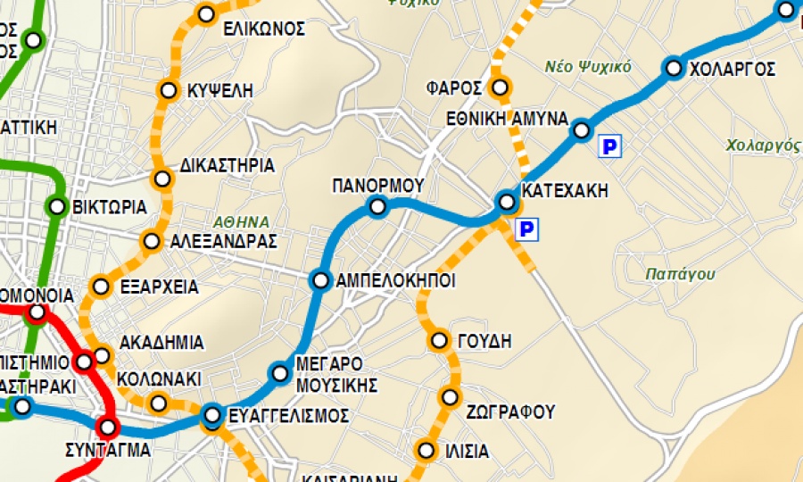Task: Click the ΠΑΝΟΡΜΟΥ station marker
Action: (x=377, y=208)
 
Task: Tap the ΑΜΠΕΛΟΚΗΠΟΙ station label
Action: (x=395, y=280)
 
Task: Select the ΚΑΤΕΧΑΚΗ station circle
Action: (x=507, y=202)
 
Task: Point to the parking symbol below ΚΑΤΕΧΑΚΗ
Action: (x=527, y=230)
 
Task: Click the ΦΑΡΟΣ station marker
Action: (x=500, y=87)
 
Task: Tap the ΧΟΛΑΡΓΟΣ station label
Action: (x=733, y=69)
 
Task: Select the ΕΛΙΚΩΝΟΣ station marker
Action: (x=206, y=14)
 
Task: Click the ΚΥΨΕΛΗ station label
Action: (x=220, y=90)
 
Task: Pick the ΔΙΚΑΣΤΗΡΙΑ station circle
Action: (x=161, y=179)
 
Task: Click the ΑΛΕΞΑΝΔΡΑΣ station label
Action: (x=224, y=241)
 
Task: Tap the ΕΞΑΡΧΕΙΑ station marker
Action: (x=102, y=287)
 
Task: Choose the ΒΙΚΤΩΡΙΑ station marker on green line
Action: (x=57, y=207)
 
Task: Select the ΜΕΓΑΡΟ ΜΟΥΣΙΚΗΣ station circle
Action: (x=280, y=373)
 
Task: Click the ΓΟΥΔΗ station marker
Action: (x=439, y=340)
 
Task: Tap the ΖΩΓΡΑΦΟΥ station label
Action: (x=510, y=411)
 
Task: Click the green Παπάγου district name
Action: (x=680, y=274)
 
